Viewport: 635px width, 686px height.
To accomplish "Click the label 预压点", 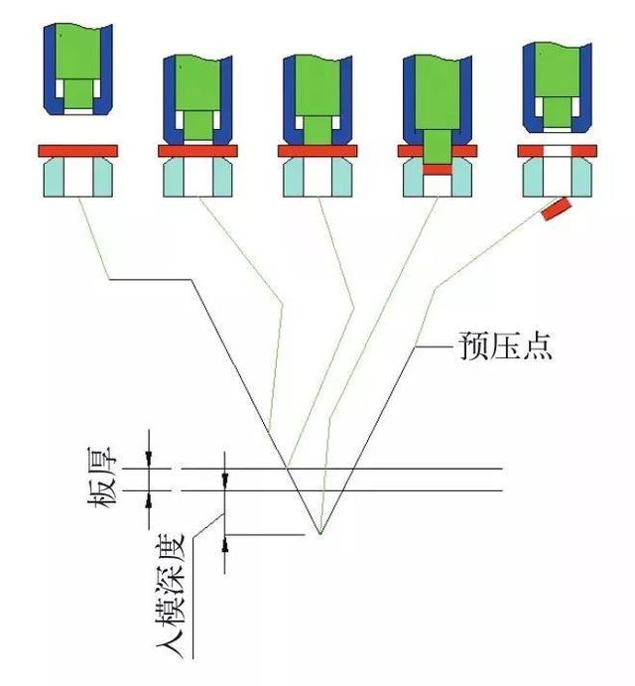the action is point(506,346).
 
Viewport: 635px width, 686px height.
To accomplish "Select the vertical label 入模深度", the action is point(171,596).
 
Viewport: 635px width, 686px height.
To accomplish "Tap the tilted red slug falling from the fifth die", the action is point(557,209).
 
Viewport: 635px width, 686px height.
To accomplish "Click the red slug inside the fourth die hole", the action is point(438,170).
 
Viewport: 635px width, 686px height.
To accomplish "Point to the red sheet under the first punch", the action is point(77,151).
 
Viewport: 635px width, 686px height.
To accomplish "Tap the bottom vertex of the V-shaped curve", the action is point(320,533).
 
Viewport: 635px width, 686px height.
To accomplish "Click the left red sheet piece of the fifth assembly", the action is point(531,151).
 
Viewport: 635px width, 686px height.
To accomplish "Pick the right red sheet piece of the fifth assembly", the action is point(584,151).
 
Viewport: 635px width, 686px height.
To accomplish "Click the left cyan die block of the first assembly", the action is point(54,177).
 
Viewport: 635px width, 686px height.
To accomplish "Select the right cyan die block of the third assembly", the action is point(342,177).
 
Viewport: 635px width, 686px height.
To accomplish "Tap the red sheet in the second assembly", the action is point(197,151).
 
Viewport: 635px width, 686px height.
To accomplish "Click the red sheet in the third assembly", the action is point(317,151).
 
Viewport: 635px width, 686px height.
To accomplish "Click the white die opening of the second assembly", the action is point(198,177).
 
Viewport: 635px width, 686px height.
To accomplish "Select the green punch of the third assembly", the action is point(317,99).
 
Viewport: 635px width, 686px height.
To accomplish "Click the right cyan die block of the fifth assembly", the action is point(582,177).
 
